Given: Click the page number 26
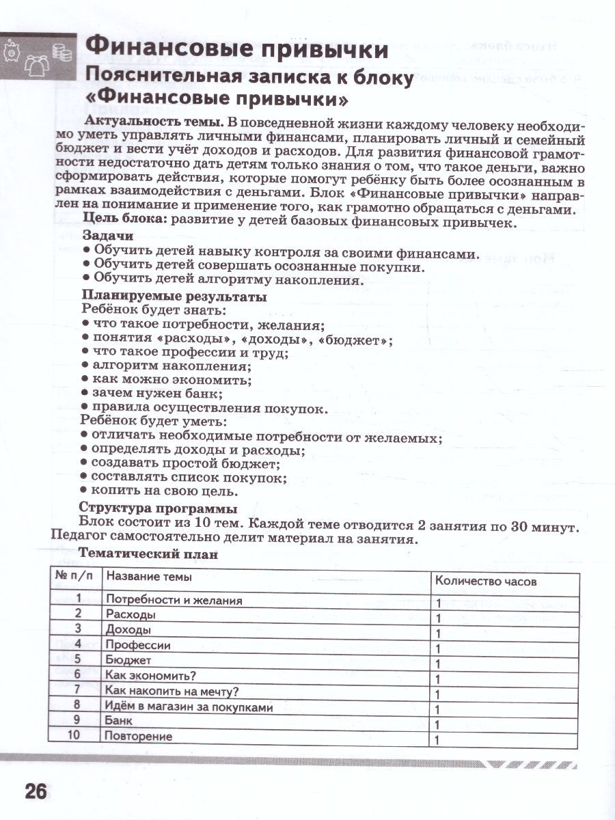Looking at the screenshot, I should [36, 792].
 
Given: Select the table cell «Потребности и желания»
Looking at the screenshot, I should [174, 601].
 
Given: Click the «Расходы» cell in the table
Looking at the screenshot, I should [126, 615].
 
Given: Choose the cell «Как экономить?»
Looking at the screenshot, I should [151, 676].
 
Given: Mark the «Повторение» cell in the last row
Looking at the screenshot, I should [139, 737].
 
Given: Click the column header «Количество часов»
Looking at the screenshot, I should [485, 582].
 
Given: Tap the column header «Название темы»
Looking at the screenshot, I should [149, 577].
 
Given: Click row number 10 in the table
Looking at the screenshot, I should [75, 736].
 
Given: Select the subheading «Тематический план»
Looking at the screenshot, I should [148, 553].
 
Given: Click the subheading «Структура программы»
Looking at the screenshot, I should [158, 508].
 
